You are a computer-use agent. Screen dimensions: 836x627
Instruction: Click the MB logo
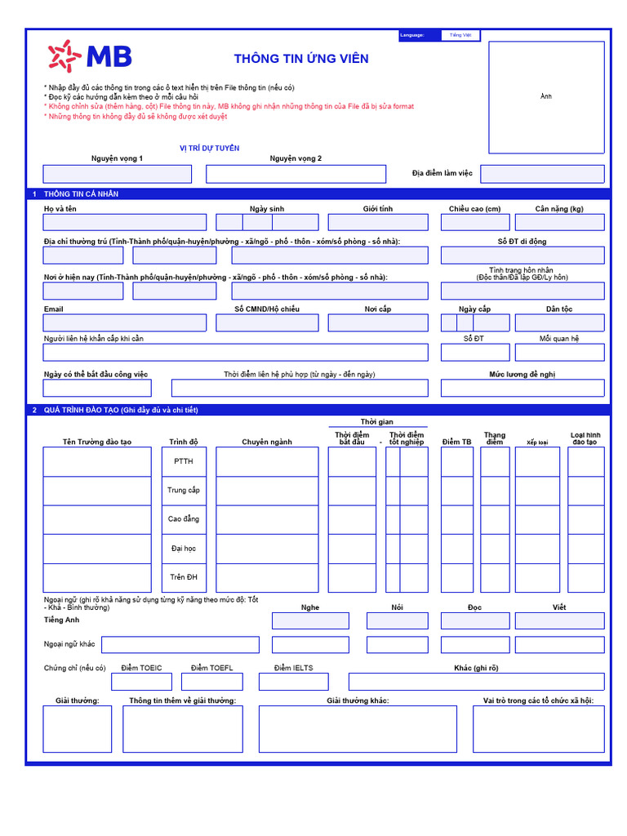point(90,56)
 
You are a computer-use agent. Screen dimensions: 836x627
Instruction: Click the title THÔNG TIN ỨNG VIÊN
point(301,59)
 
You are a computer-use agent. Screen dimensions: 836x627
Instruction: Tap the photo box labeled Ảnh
point(546,97)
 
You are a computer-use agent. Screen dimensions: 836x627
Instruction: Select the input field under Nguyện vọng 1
point(117,174)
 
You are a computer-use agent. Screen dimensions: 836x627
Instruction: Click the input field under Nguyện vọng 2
point(296,174)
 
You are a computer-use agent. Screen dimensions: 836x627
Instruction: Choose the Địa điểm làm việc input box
point(542,174)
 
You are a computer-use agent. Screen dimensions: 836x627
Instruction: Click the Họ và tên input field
point(125,222)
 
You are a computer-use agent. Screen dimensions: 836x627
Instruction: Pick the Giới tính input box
point(378,222)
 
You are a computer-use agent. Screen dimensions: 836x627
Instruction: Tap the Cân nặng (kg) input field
point(559,222)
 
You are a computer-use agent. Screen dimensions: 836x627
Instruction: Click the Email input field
point(125,322)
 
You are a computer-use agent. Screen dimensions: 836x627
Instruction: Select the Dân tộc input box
point(559,322)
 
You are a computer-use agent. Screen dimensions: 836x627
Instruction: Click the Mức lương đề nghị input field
point(522,388)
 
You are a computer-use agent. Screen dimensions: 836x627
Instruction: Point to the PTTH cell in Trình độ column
point(184,461)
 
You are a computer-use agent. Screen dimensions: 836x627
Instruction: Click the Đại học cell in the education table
point(184,549)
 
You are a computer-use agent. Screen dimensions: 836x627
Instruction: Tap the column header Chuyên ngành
point(267,442)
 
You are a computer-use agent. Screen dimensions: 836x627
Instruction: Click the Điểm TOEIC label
point(141,668)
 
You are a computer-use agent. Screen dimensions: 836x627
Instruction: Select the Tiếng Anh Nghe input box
point(310,621)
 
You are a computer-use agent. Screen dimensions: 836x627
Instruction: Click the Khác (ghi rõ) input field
point(476,682)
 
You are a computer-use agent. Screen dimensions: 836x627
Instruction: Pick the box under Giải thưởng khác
point(358,729)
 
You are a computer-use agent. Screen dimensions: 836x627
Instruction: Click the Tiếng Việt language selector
point(460,35)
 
